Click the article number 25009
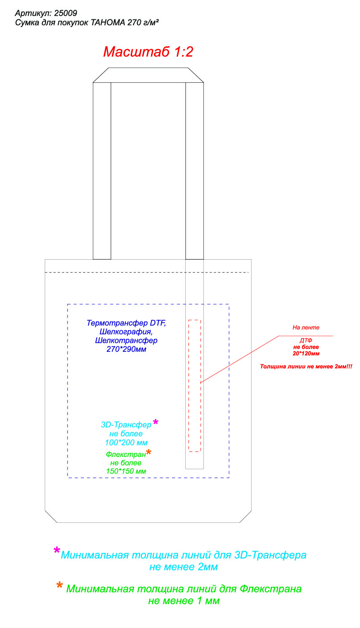[x=65, y=13]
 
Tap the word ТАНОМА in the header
[x=108, y=22]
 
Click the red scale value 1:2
[x=184, y=52]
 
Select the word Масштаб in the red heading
[x=136, y=52]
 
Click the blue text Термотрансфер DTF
[x=126, y=323]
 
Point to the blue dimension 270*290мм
[x=126, y=349]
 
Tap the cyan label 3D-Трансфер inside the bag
[x=126, y=425]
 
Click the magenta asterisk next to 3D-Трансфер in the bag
[x=155, y=421]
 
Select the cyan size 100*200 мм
[x=126, y=443]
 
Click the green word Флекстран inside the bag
[x=126, y=454]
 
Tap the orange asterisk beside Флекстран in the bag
[x=149, y=452]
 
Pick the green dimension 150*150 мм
[x=126, y=471]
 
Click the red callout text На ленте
[x=306, y=327]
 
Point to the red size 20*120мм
[x=306, y=353]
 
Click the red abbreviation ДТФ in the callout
[x=306, y=340]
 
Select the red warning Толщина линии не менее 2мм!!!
[x=306, y=367]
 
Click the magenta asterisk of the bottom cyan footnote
[x=57, y=550]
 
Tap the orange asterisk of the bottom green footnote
[x=60, y=585]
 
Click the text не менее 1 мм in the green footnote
[x=184, y=601]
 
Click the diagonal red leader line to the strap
[x=240, y=359]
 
